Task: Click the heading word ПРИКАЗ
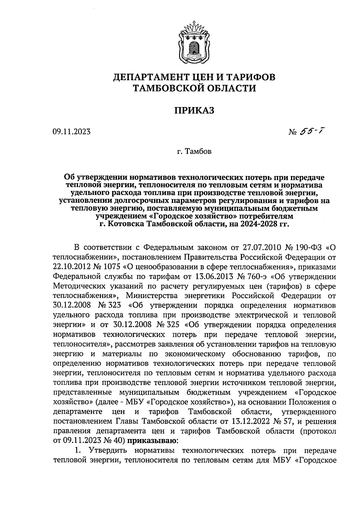(195, 110)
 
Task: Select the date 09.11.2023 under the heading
(71, 132)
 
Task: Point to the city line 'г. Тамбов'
(194, 151)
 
